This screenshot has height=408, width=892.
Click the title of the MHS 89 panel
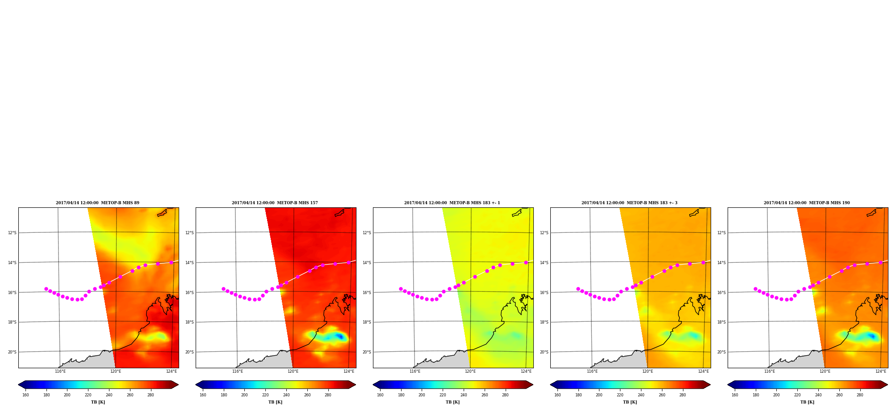pos(97,203)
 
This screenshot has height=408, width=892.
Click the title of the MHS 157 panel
pos(275,203)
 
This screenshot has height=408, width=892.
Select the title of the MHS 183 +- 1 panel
pos(452,203)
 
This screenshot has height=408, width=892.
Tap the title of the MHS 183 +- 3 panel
pos(629,203)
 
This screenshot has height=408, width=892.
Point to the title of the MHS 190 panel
pos(807,203)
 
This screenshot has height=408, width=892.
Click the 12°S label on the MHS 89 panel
pos(12,233)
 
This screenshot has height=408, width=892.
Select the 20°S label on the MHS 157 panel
pos(189,352)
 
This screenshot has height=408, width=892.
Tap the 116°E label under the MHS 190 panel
pos(770,371)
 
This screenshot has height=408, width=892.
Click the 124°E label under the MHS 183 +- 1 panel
pos(526,371)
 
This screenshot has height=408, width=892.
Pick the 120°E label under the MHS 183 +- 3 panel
pos(648,371)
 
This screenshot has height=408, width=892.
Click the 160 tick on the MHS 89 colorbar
pos(25,395)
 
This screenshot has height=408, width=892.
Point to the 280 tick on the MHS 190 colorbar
pos(860,395)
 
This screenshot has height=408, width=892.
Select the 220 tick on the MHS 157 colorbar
pos(265,395)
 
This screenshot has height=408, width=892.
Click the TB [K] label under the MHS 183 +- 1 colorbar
pos(452,402)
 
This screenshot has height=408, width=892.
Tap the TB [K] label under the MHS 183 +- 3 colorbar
pos(630,402)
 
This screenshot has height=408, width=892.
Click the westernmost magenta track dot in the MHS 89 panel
pos(46,289)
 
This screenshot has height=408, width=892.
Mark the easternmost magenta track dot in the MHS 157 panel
pos(348,262)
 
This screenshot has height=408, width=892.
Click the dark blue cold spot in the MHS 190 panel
pos(871,336)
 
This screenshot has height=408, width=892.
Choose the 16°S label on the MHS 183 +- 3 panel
pos(544,293)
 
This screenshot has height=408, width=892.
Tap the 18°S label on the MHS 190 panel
pos(721,322)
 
